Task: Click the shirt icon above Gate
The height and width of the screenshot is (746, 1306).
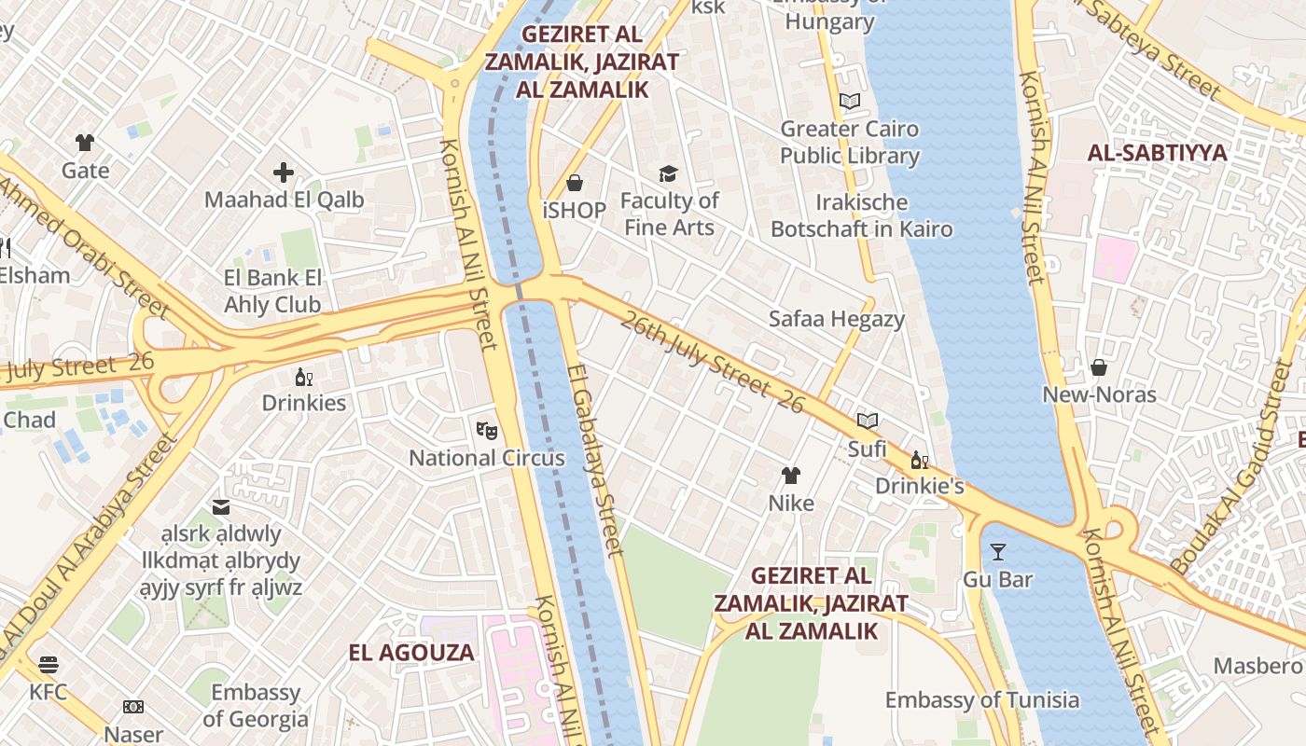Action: (85, 143)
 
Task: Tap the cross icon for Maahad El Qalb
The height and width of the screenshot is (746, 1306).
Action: (284, 173)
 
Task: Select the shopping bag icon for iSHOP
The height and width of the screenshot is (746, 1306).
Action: (575, 183)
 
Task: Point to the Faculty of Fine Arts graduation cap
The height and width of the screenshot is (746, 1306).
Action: (668, 173)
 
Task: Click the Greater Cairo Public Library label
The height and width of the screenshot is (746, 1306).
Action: (849, 142)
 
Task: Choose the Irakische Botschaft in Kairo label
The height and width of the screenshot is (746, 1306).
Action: (861, 215)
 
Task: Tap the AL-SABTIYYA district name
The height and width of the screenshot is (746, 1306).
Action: (1157, 153)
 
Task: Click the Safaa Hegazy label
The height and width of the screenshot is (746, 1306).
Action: (836, 319)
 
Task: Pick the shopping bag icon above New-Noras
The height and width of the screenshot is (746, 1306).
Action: (1099, 367)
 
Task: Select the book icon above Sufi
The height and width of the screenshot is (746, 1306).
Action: (868, 421)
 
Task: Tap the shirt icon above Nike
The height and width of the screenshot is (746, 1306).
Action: (791, 476)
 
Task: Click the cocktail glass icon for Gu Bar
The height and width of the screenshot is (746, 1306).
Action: (997, 552)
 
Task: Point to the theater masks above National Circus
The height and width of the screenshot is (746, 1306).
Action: (486, 430)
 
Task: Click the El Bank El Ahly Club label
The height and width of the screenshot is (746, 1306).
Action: (272, 291)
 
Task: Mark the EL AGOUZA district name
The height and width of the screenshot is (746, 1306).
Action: (411, 653)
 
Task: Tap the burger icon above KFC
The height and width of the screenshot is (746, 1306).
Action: (49, 665)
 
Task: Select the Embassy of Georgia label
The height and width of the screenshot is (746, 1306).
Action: (255, 705)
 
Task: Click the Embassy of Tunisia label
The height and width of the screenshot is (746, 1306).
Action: (981, 700)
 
